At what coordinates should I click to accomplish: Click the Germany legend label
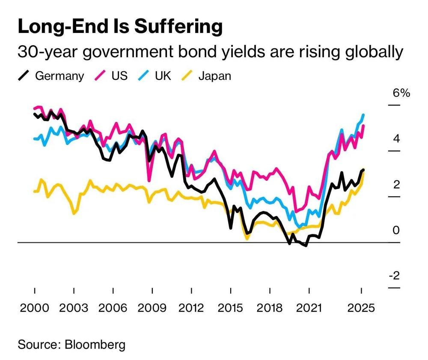point(59,76)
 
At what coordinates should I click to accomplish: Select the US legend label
point(119,76)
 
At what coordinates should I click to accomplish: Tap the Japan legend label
point(215,76)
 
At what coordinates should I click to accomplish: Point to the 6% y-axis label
point(401,93)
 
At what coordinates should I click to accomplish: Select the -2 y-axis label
point(394,276)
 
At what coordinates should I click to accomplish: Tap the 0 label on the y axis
point(396,230)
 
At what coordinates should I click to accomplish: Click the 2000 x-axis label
point(34,308)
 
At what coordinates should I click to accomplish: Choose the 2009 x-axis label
point(152,308)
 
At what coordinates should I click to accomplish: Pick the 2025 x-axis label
point(362,308)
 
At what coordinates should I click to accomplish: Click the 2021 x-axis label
point(309,308)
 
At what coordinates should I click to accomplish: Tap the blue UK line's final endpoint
point(363,115)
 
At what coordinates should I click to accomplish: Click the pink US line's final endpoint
point(363,125)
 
